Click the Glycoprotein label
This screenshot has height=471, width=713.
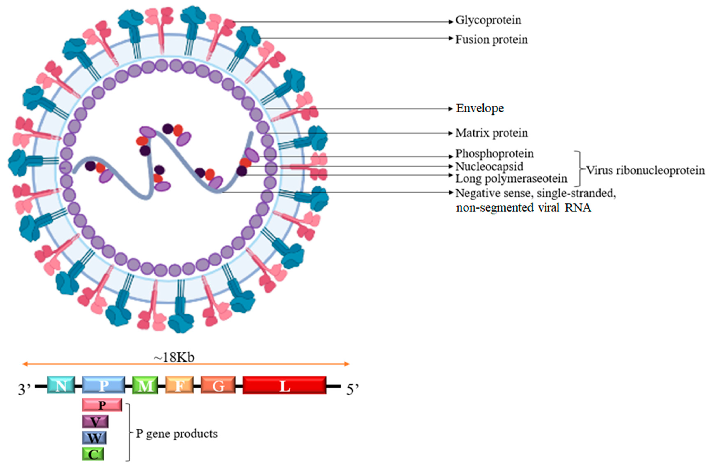point(488,21)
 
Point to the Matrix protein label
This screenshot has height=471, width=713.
point(491,133)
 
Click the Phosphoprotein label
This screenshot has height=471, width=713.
point(494,154)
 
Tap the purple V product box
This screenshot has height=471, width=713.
point(95,422)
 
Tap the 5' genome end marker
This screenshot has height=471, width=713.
point(352,390)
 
